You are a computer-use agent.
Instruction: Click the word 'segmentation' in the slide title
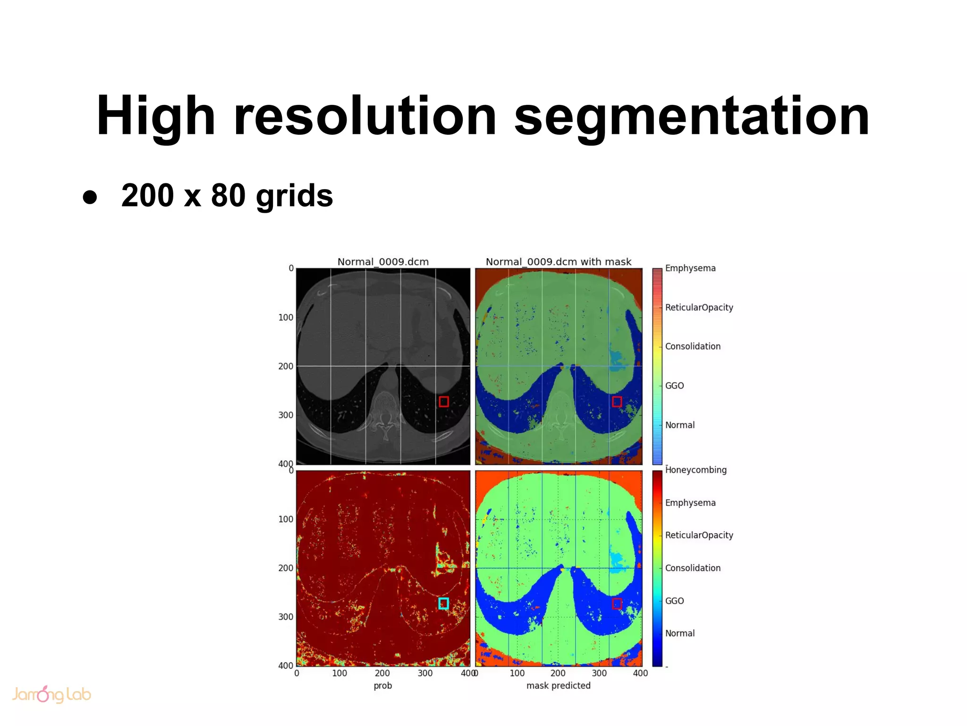pyautogui.click(x=692, y=117)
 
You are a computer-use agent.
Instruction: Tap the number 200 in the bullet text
pyautogui.click(x=148, y=195)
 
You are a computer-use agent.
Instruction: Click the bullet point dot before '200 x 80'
pyautogui.click(x=90, y=197)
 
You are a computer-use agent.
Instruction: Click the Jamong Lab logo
pyautogui.click(x=51, y=694)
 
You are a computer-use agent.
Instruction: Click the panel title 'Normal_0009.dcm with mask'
pyautogui.click(x=558, y=262)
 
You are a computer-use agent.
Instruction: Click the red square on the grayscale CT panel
pyautogui.click(x=443, y=401)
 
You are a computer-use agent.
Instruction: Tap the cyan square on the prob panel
pyautogui.click(x=443, y=603)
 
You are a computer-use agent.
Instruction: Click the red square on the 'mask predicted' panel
pyautogui.click(x=617, y=603)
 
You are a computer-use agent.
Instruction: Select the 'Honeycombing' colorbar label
pyautogui.click(x=696, y=470)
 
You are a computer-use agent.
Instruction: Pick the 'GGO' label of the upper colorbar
pyautogui.click(x=674, y=386)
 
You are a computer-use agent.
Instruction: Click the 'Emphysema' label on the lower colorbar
pyautogui.click(x=690, y=503)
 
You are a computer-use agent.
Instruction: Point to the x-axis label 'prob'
pyautogui.click(x=382, y=685)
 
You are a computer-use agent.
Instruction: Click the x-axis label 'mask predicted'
pyautogui.click(x=558, y=685)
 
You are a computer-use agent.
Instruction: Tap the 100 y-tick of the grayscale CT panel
pyautogui.click(x=286, y=318)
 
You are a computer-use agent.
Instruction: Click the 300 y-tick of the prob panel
pyautogui.click(x=286, y=617)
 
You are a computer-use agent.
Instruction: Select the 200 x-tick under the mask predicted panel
pyautogui.click(x=558, y=673)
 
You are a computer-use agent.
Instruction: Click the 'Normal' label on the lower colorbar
pyautogui.click(x=679, y=633)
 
